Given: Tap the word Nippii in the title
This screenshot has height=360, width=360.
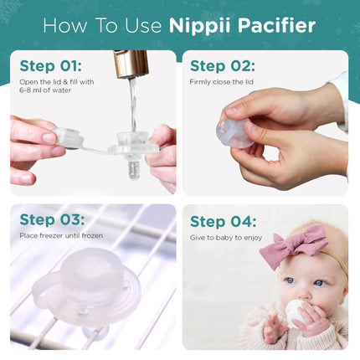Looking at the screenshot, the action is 200,27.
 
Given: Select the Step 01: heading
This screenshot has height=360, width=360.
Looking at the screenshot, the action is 51,66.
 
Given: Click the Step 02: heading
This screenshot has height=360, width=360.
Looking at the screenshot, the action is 223,66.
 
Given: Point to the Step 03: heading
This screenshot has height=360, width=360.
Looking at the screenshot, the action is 52,220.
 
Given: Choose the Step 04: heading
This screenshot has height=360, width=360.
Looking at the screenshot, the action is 223,222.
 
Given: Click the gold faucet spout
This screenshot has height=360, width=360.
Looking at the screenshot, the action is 131,64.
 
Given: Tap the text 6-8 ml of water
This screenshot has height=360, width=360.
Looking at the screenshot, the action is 45,90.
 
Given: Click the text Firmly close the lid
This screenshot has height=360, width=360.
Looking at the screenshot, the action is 222,82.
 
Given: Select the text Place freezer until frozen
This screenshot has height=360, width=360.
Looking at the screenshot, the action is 61,236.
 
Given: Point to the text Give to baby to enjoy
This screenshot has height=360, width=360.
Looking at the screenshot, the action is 226,238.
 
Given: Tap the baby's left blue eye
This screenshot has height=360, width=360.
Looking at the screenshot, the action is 291,280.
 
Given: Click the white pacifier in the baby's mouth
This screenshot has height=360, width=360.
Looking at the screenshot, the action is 296,312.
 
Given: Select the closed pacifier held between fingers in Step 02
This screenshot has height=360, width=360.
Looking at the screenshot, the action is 234,133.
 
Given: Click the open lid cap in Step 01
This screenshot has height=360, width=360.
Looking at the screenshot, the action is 69,137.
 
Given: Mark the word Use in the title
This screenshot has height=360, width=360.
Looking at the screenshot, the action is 143,26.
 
